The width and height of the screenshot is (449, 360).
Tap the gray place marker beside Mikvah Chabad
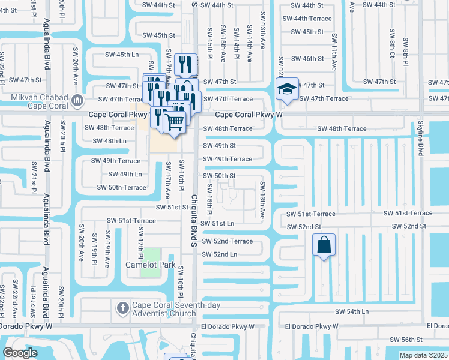[x=76, y=100]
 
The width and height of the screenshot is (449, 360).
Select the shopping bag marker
[x=324, y=245]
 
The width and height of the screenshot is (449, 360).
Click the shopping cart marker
[x=174, y=122]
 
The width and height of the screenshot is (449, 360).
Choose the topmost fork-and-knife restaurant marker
[x=186, y=63]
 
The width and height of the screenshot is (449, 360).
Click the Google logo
[x=20, y=353]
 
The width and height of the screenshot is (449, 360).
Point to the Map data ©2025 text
[x=424, y=355]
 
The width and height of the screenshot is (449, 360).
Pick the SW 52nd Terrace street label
[x=228, y=241]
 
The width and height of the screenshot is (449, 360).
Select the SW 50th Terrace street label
[x=122, y=187]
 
